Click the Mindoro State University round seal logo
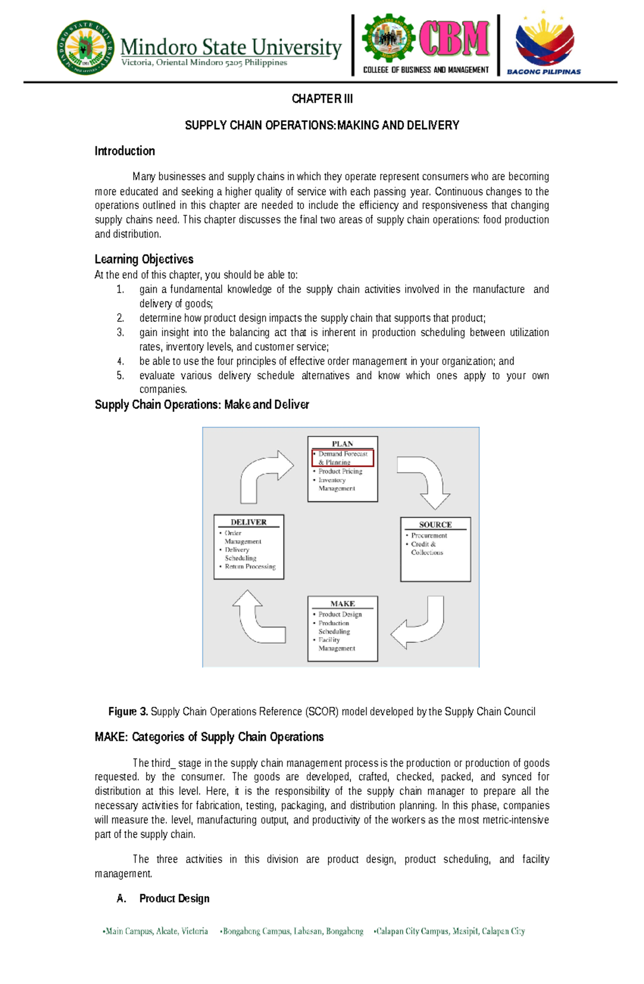click(85, 48)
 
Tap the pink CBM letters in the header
click(454, 39)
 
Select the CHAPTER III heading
click(322, 99)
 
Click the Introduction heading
click(125, 151)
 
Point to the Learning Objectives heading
click(144, 260)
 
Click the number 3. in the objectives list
click(120, 332)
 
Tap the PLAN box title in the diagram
click(342, 444)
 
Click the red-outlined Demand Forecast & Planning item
click(342, 458)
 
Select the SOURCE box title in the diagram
click(435, 524)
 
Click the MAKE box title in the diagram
click(342, 603)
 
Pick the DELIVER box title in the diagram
click(248, 522)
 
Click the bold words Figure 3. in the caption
click(128, 712)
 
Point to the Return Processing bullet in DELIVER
click(250, 566)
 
